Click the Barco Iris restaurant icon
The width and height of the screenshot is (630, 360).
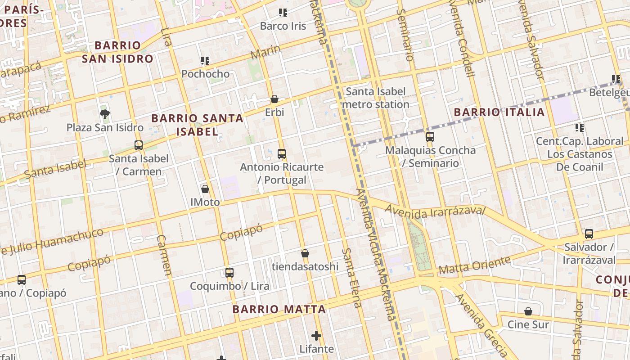[x=283, y=13]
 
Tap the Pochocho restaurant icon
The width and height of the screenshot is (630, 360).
[x=205, y=60]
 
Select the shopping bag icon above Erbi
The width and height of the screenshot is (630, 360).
[x=274, y=99]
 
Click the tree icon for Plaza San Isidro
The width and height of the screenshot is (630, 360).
[x=105, y=114]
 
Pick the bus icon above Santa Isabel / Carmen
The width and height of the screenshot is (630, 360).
[x=139, y=145]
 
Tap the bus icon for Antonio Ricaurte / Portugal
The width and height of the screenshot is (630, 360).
[x=282, y=154]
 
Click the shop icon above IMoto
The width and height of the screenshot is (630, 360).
[x=205, y=189]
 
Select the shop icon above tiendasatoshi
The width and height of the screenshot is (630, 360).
[x=305, y=253]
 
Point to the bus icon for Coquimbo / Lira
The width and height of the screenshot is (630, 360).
[x=229, y=273]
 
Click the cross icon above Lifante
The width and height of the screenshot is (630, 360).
[x=316, y=336]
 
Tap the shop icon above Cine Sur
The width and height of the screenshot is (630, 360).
[x=528, y=311]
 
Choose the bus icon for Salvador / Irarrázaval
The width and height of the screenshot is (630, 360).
[x=589, y=234]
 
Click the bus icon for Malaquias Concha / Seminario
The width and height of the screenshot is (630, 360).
[x=430, y=137]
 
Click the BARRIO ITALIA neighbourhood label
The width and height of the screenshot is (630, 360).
[x=499, y=112]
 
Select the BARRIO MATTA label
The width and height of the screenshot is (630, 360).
[x=279, y=310]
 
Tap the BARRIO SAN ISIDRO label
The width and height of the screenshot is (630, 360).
[x=118, y=52]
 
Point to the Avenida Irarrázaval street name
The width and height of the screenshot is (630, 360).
[x=435, y=211]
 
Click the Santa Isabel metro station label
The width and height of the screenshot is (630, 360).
[x=376, y=98]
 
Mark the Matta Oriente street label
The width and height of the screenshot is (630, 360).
[x=475, y=265]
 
